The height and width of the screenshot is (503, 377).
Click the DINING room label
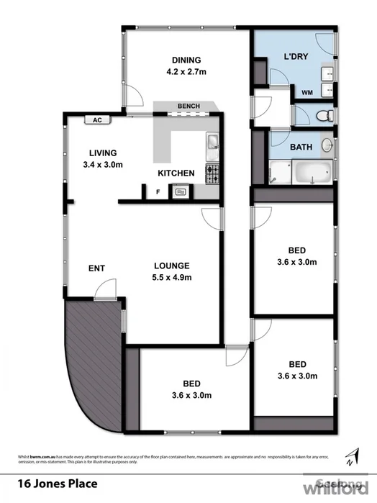(x=186, y=60)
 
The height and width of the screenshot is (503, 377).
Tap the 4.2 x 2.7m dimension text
(x=186, y=71)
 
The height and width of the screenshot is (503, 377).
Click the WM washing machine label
(x=306, y=92)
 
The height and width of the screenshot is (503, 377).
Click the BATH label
(x=301, y=148)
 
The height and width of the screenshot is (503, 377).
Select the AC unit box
(x=96, y=121)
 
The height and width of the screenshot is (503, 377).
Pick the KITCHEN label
(x=176, y=173)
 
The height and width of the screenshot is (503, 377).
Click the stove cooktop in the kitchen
(x=212, y=173)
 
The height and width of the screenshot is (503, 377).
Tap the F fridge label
(x=158, y=192)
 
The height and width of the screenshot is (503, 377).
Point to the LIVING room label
(x=103, y=153)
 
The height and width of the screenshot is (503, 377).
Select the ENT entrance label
(x=96, y=268)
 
